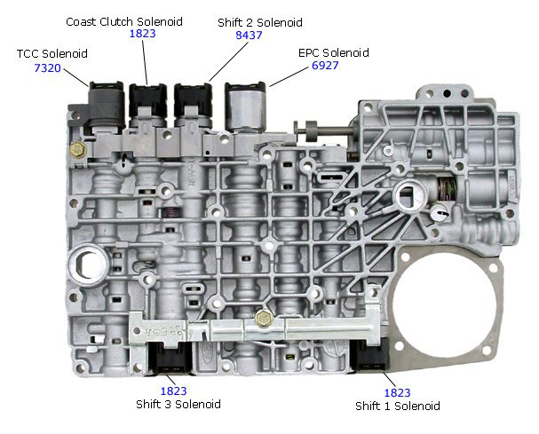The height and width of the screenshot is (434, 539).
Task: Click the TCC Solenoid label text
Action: tap(52, 53)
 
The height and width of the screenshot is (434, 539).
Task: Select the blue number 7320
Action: tap(47, 68)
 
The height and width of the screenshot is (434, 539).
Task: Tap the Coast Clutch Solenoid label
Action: tap(124, 21)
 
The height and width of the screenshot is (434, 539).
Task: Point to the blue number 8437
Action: tap(249, 35)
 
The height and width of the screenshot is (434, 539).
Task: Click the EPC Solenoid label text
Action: tap(334, 52)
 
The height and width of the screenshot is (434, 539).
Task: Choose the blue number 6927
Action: tap(325, 66)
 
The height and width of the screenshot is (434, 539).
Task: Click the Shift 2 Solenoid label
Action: tap(260, 23)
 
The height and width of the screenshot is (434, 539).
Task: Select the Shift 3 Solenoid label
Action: tap(178, 404)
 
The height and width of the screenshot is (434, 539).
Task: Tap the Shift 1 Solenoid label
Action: tap(398, 406)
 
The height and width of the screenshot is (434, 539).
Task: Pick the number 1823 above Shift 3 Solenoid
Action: tap(173, 391)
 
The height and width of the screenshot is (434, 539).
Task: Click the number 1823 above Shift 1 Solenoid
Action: tap(398, 393)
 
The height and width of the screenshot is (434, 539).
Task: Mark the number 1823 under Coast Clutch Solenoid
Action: tap(143, 34)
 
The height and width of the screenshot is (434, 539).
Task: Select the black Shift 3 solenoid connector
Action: tap(170, 358)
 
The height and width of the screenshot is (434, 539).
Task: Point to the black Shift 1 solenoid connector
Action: tap(370, 355)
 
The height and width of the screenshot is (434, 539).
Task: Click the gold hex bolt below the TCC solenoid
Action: tap(78, 149)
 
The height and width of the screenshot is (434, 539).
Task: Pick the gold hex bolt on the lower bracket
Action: tap(265, 319)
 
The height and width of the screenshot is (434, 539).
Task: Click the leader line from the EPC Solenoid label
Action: tap(289, 76)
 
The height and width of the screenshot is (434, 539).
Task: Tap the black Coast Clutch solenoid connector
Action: tap(147, 100)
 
